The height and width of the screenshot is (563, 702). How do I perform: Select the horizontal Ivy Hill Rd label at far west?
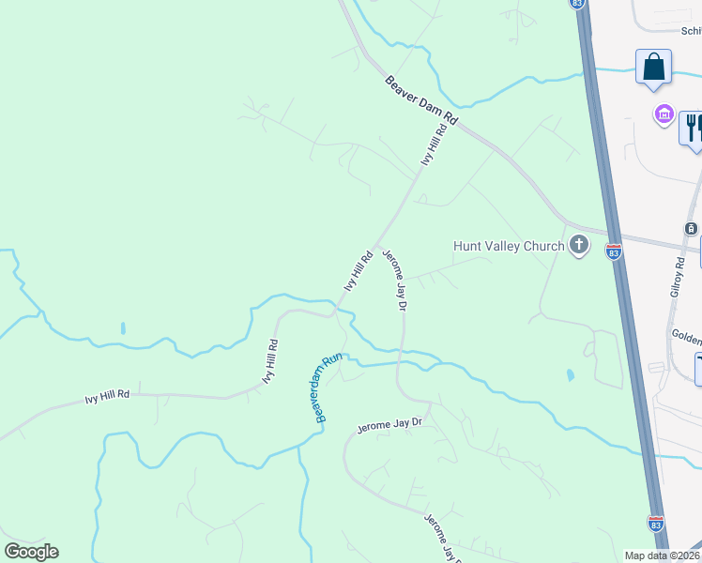107,397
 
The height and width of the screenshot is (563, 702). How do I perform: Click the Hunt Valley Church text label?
509,246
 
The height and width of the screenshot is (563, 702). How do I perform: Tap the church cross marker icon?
579,246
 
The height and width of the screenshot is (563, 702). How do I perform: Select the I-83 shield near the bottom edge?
655,523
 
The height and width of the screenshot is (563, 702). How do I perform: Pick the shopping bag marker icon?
653,68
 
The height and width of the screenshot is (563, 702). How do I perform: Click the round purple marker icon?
664,114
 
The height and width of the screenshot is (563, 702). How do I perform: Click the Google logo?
31,552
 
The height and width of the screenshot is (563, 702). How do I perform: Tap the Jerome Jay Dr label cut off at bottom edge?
442,538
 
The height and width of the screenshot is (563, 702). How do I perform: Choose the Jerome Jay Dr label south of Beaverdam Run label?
389,426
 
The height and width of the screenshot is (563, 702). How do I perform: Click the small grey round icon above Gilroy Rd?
691,229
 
